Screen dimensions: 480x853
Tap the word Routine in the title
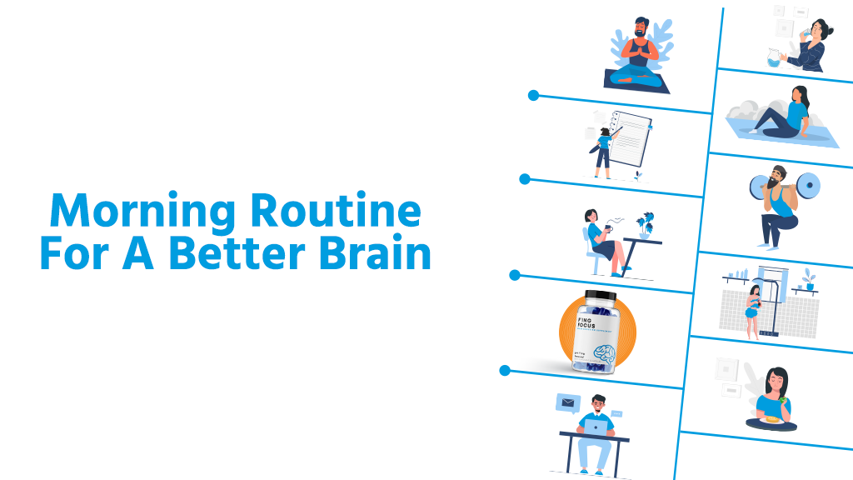point(336,212)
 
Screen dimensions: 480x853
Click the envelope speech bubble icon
point(567,403)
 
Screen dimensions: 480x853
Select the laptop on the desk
point(597,427)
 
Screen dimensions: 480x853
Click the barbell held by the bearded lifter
point(783,184)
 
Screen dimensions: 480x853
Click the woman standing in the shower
point(753,310)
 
